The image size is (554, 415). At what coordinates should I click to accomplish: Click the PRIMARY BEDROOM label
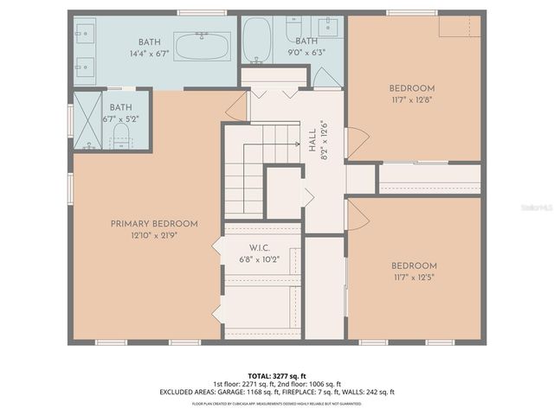(x=154, y=223)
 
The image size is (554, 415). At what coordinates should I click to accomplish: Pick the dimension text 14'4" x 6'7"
(x=150, y=54)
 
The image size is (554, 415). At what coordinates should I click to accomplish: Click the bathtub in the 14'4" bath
(x=203, y=45)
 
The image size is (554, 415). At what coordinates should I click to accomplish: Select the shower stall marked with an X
(x=88, y=121)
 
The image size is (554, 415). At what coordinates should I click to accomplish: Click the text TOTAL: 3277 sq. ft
(x=276, y=374)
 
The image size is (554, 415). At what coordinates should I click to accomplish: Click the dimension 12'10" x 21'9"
(x=154, y=235)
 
